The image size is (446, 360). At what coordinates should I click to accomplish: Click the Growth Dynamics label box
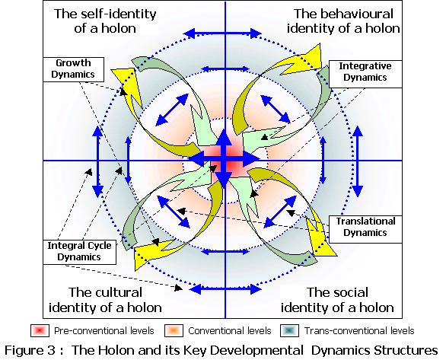pyautogui.click(x=73, y=69)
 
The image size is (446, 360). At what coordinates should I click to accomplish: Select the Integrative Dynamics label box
pyautogui.click(x=365, y=74)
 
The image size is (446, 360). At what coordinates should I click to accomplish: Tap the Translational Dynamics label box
pyautogui.click(x=365, y=229)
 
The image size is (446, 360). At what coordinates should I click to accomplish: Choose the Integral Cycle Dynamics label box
pyautogui.click(x=80, y=252)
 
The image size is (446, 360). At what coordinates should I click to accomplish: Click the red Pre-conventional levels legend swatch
pyautogui.click(x=40, y=331)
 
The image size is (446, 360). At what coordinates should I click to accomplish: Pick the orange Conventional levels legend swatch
pyautogui.click(x=174, y=331)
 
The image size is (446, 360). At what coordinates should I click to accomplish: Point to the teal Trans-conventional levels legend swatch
pyautogui.click(x=289, y=331)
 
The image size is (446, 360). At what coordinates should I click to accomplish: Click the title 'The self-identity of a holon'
pyautogui.click(x=105, y=21)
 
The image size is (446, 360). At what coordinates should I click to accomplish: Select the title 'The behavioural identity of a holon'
pyautogui.click(x=343, y=21)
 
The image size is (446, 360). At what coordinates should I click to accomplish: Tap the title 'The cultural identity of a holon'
pyautogui.click(x=105, y=300)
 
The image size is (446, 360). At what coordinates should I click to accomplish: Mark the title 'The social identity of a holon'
pyautogui.click(x=337, y=300)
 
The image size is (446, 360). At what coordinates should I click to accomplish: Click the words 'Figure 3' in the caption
pyautogui.click(x=30, y=350)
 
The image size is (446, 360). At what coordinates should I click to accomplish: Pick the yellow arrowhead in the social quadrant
pyautogui.click(x=320, y=237)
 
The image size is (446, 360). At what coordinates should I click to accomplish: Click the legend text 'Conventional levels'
pyautogui.click(x=230, y=331)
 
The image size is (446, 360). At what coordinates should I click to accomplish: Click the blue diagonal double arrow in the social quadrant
pyautogui.click(x=280, y=212)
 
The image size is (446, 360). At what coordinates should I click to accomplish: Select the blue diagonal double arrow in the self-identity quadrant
pyautogui.click(x=172, y=110)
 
